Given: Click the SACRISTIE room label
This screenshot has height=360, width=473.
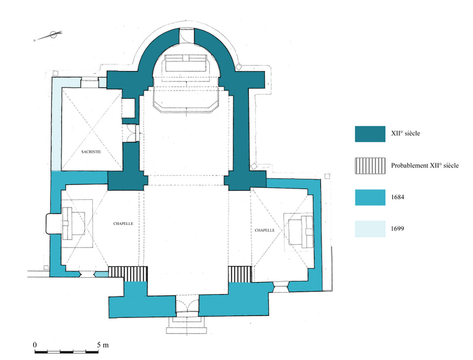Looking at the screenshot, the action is point(91,152).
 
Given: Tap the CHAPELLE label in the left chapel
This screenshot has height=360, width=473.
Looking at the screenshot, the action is point(123,223).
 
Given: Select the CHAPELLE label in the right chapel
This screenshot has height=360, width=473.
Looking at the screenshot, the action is point(264,230).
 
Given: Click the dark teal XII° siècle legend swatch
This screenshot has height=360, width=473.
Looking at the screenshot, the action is point(370,134).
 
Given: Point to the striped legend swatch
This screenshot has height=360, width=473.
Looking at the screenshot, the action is point(370,166).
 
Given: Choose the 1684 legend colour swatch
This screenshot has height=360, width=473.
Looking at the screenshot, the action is point(370,197).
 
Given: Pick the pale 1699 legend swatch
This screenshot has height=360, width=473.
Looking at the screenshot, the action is point(370,229).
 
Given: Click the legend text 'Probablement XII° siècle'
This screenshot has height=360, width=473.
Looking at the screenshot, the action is point(425,166).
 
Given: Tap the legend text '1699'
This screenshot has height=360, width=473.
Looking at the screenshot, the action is point(397,229).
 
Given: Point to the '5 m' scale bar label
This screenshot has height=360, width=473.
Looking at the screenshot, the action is point(102,345).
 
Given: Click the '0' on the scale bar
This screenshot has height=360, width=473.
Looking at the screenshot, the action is point(35,345).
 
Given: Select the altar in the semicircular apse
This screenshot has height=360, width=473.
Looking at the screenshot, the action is point(186,63).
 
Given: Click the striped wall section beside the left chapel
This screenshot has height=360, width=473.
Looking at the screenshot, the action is point(128,274).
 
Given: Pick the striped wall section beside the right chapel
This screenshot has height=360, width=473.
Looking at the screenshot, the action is point(240,274).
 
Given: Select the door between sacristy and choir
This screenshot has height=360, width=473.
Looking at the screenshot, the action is point(131,132).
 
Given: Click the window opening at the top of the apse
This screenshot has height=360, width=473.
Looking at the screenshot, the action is point(187,36).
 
